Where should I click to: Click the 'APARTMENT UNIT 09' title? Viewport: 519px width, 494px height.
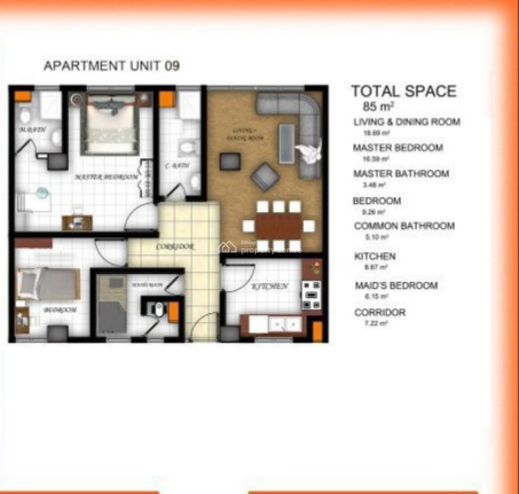coord(112,66)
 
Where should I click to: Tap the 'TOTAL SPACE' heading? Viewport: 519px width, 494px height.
coord(404,91)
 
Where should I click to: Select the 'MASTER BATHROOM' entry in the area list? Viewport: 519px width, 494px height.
coord(401,174)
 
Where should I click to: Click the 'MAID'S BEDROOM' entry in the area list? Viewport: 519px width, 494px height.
coord(396,285)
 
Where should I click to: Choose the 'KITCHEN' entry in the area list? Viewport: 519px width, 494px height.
coord(375,256)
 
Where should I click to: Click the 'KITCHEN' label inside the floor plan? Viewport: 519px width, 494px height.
coord(270,286)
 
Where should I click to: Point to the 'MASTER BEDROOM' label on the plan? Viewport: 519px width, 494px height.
coord(106,177)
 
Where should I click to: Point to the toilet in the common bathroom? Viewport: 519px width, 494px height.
coord(187,147)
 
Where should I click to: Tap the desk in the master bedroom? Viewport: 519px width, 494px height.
coord(78,222)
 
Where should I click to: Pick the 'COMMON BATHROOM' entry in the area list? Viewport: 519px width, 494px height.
coord(404,226)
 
